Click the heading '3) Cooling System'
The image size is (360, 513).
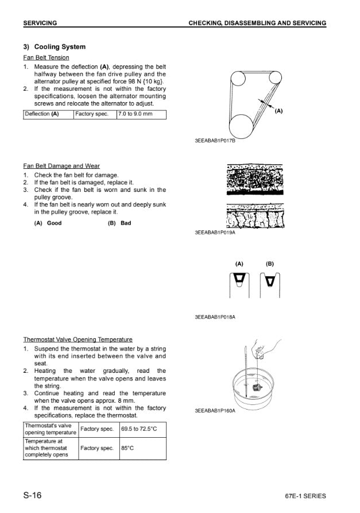(54, 47)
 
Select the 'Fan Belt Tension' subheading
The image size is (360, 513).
(46, 57)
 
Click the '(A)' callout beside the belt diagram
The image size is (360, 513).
(279, 111)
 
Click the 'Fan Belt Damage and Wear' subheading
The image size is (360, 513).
(61, 166)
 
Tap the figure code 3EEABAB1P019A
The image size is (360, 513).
(215, 234)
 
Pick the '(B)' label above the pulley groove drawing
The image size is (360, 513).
(269, 264)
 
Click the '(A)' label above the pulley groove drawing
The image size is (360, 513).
(239, 264)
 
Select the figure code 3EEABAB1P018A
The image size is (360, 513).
(215, 317)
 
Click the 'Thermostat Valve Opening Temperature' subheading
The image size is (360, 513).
(78, 340)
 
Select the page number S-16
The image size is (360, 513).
(32, 495)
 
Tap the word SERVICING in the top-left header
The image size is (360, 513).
(40, 23)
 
